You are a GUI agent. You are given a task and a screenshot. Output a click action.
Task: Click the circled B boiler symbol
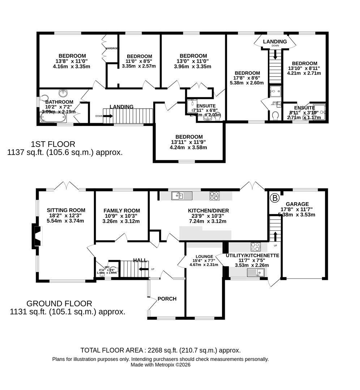275,198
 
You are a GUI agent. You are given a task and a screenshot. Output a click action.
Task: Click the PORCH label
167,299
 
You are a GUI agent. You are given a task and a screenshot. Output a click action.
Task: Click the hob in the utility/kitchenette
256,247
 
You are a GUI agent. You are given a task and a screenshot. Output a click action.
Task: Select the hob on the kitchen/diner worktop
214,196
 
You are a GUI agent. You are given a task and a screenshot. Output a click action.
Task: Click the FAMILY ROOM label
121,211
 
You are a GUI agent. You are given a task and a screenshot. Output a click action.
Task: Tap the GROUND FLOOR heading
59,304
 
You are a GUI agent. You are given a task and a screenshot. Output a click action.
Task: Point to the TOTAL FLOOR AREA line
160,350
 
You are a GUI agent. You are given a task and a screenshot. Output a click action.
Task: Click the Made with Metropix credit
160,365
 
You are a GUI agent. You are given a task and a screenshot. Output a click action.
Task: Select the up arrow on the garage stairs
275,235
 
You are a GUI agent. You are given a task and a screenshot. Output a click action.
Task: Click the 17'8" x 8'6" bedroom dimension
247,78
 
